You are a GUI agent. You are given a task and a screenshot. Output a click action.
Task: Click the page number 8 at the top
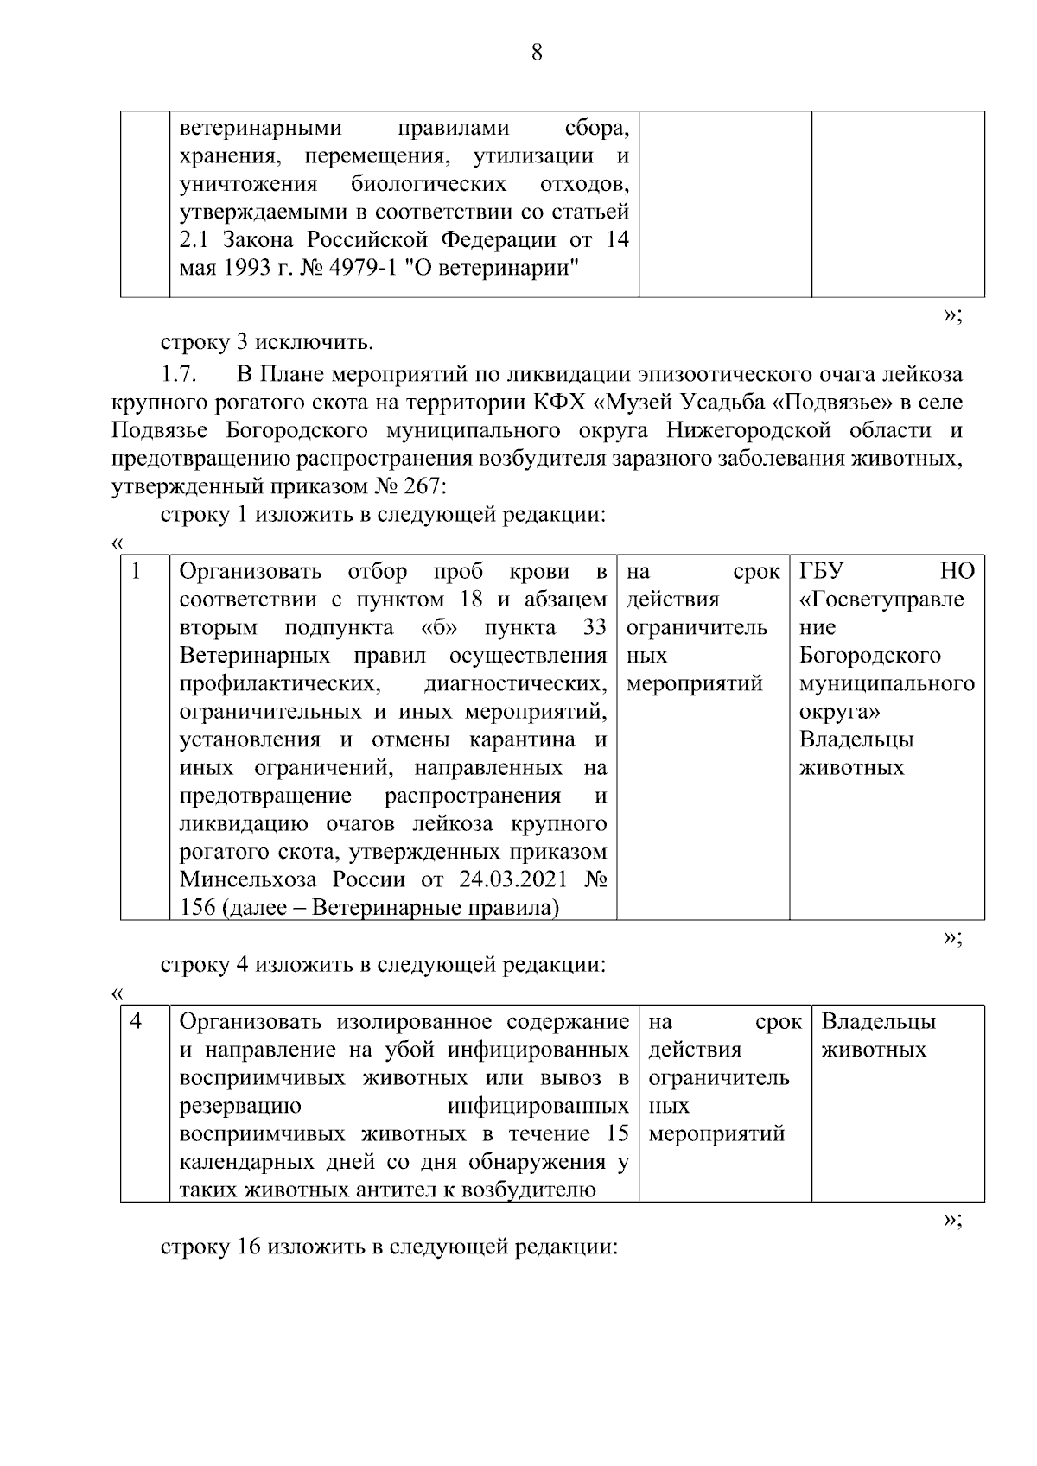pyautogui.click(x=536, y=53)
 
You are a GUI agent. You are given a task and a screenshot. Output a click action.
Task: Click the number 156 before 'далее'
pyautogui.click(x=197, y=908)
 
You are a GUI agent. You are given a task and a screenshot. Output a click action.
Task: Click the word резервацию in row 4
pyautogui.click(x=239, y=1106)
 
